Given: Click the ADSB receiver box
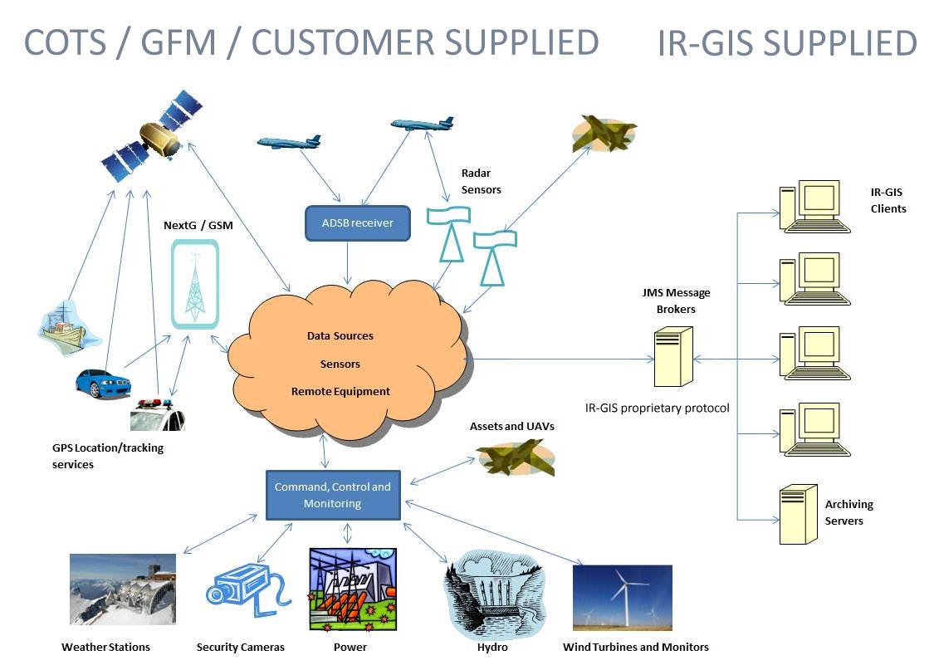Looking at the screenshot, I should tap(357, 223).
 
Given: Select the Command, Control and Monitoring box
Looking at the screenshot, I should tap(332, 495).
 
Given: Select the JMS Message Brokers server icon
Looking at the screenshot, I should tap(672, 358).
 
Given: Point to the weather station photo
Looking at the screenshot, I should tap(123, 594).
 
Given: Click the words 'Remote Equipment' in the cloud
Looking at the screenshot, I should tap(340, 391).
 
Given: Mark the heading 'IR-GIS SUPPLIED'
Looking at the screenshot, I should tap(786, 43).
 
